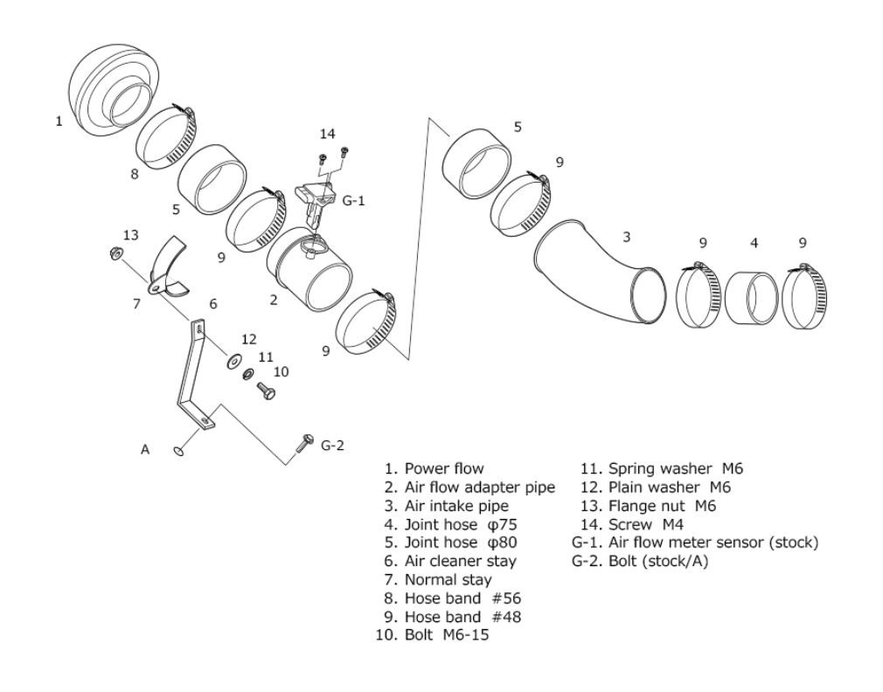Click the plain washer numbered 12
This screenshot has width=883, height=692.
pos(233,361)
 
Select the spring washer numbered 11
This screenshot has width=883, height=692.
pos(248,374)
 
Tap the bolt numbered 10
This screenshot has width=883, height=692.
pos(266,390)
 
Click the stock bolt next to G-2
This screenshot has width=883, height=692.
pos(304,443)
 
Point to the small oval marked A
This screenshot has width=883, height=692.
pos(179,450)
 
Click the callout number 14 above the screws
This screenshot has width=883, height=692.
pos(327,134)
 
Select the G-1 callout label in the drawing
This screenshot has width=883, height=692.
pos(354,200)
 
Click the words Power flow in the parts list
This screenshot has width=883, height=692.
pos(444,468)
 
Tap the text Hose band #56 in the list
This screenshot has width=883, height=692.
pos(462,598)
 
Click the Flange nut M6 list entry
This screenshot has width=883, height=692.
pos(663,506)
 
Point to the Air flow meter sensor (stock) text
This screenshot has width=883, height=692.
pos(713,543)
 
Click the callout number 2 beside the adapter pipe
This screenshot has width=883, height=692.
pos(274,300)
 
